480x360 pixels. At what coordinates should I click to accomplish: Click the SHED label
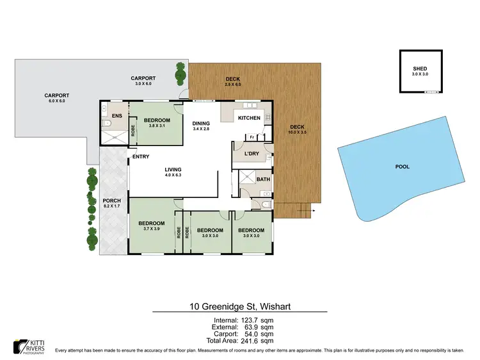pyautogui.click(x=420, y=69)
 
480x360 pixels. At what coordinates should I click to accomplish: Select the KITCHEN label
pyautogui.click(x=250, y=119)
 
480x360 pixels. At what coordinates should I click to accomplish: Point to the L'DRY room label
pyautogui.click(x=252, y=152)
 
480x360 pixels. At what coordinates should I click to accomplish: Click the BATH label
pyautogui.click(x=263, y=179)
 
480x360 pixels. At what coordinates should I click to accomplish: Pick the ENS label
pyautogui.click(x=116, y=116)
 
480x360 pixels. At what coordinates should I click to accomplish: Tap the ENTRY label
pyautogui.click(x=141, y=157)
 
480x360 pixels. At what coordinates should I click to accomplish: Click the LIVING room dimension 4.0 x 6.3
pyautogui.click(x=173, y=175)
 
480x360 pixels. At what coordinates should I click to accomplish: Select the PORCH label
pyautogui.click(x=112, y=201)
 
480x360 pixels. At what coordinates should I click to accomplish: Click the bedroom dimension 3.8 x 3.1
pyautogui.click(x=157, y=126)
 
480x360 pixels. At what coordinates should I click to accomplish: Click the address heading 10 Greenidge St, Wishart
pyautogui.click(x=239, y=307)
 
